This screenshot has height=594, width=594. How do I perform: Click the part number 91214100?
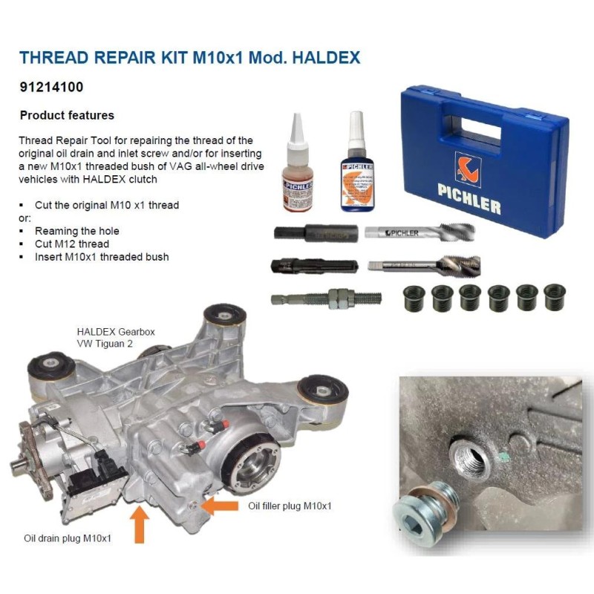pyautogui.click(x=51, y=87)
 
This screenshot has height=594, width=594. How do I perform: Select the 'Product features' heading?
pyautogui.click(x=67, y=115)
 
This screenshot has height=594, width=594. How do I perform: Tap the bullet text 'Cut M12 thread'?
pyautogui.click(x=71, y=244)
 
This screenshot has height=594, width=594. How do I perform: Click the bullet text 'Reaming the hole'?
pyautogui.click(x=76, y=231)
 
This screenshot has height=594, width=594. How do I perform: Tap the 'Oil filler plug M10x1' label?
pyautogui.click(x=290, y=506)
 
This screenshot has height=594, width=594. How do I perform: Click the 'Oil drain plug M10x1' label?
pyautogui.click(x=66, y=537)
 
